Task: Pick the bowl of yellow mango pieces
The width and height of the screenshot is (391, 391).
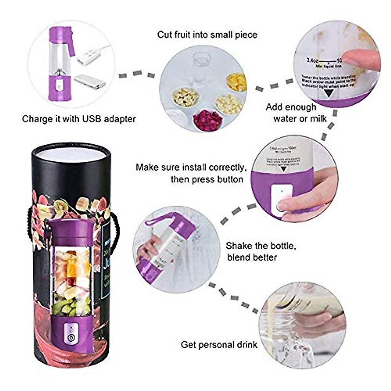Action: pos(236,82)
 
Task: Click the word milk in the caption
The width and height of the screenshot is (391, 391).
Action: pos(318,118)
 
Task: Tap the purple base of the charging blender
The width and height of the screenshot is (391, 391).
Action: pos(59,88)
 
